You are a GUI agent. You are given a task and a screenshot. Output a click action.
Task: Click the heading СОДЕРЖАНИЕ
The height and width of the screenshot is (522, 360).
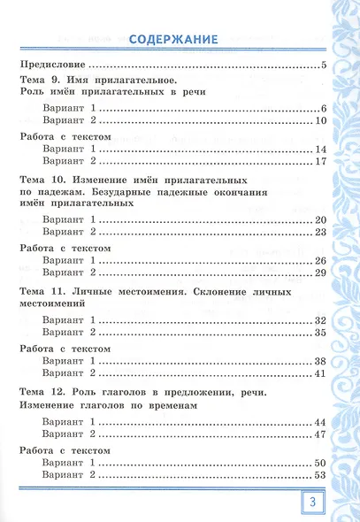click(x=172, y=39)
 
